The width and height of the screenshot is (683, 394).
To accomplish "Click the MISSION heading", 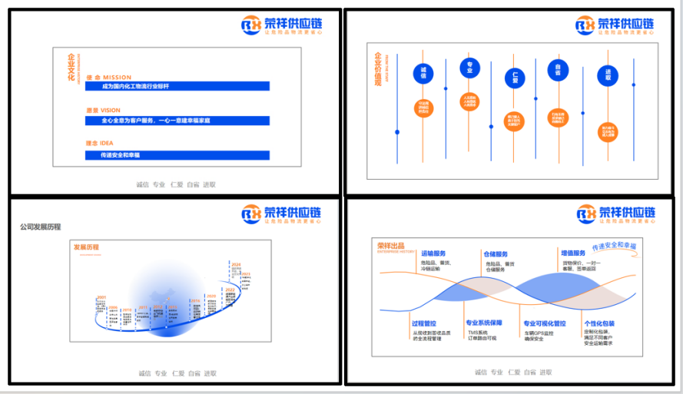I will click(108, 77).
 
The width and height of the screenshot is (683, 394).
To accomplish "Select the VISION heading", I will click(103, 110).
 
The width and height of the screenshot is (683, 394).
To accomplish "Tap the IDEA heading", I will click(100, 143).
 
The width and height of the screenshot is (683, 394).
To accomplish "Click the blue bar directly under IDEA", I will click(177, 154).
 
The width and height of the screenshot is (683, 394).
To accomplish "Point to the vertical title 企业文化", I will click(71, 68).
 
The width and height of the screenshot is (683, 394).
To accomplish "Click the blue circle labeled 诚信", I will click(423, 74).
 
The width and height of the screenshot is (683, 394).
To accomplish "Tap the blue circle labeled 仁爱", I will click(515, 78).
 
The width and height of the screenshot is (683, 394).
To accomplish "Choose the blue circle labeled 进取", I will click(607, 78).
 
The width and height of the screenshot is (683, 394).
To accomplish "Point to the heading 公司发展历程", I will click(41, 227).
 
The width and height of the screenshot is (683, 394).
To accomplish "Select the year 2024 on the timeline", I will click(236, 263).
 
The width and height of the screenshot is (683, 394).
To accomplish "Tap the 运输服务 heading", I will click(433, 253).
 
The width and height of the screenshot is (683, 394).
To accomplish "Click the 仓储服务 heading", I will click(496, 253).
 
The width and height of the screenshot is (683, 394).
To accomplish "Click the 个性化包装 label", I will click(599, 323).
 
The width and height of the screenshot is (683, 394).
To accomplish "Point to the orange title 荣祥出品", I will click(390, 244).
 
